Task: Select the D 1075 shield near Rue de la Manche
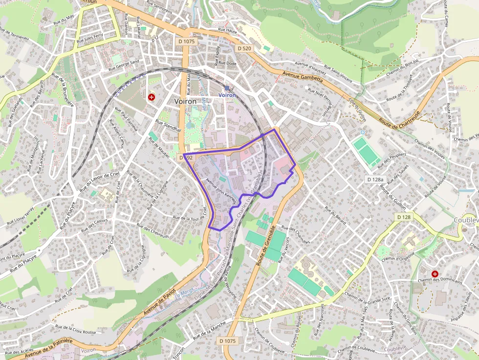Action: pos(228,340)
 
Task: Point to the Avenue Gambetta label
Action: pos(303,76)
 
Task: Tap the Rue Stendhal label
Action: pos(168,127)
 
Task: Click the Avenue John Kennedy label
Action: pos(222,191)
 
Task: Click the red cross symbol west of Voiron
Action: pos(152,97)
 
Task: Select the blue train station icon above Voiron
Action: pos(227,88)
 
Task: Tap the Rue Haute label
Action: pos(228,30)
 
